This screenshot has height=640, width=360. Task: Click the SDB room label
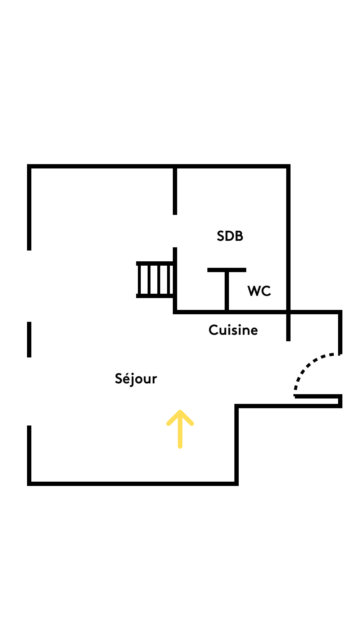tap(230, 236)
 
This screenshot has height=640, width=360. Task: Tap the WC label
tap(259, 291)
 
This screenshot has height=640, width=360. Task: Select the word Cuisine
tap(233, 330)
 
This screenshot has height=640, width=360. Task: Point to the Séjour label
tap(136, 379)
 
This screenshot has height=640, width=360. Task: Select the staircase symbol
tap(155, 279)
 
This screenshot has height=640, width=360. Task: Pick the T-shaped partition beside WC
tap(227, 287)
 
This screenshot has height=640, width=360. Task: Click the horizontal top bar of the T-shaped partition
tap(227, 270)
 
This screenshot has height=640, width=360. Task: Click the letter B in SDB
tap(239, 236)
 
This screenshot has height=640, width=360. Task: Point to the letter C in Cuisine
tap(213, 330)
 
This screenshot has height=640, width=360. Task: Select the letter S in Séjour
tap(118, 378)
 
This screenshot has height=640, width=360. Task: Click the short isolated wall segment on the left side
tap(29, 339)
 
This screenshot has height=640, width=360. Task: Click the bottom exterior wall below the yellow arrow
tap(133, 484)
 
